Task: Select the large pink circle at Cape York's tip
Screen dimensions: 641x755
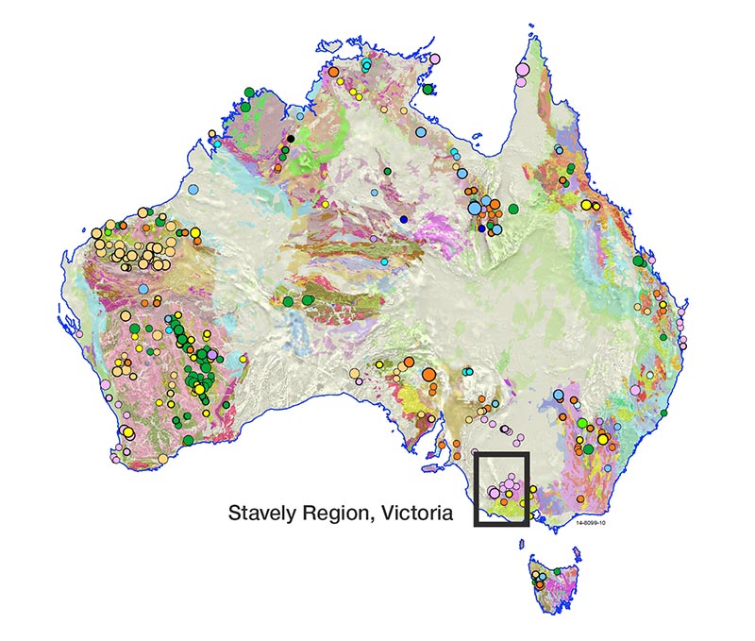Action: (522, 68)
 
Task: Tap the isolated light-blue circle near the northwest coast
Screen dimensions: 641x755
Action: (194, 190)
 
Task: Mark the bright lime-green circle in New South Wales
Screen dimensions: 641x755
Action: (582, 423)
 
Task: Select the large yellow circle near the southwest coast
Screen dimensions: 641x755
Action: (127, 433)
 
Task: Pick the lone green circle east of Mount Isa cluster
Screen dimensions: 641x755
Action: (514, 208)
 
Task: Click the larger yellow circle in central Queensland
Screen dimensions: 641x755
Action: (586, 204)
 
